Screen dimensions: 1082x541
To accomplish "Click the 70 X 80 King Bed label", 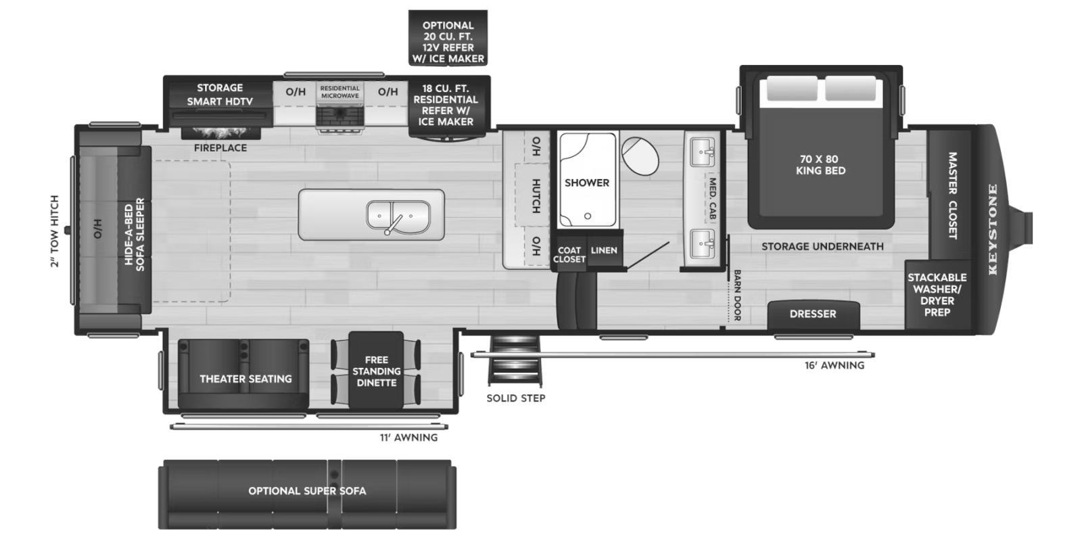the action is point(821,165).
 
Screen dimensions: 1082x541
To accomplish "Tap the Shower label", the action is point(587,183).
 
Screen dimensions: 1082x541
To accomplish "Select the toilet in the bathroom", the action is point(640,156).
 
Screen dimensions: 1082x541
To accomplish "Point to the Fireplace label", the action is point(220,148).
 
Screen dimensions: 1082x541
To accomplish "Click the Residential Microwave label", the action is point(340,92).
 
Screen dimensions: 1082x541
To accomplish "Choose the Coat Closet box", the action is point(569,251).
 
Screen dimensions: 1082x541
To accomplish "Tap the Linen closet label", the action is point(604,250).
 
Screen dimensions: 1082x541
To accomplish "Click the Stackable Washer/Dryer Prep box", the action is point(937,295).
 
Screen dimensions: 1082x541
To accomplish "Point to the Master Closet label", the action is point(952,195).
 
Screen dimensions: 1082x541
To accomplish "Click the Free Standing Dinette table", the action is point(376,371).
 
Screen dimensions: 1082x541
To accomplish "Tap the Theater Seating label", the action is point(246,379).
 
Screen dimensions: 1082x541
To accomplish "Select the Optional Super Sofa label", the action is point(307,491).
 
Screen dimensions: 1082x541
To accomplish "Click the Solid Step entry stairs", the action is point(515,360).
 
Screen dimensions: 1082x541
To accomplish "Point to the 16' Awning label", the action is point(834,365).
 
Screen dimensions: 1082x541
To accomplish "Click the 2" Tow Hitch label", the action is point(54,231).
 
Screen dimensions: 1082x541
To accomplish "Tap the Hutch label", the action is point(536,196).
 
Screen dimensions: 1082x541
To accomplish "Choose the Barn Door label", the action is point(737,295).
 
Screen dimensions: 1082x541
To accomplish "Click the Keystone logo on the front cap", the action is point(993,229).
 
